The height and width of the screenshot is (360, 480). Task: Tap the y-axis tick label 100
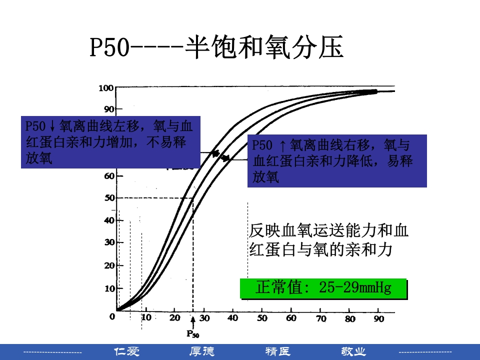tap(106, 88)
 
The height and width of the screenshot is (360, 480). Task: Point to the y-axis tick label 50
tap(109, 198)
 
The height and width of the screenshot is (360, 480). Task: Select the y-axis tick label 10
tap(109, 288)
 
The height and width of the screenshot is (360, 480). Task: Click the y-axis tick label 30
tap(109, 242)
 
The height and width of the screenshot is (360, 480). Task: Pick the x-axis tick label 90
tap(378, 318)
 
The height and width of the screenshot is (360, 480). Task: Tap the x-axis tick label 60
tap(290, 318)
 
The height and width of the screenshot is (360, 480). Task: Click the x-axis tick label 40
tap(232, 318)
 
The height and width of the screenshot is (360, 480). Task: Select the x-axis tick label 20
tap(174, 318)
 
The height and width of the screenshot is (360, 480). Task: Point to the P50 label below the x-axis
tap(192, 333)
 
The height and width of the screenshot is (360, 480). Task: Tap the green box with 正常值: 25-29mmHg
tap(323, 288)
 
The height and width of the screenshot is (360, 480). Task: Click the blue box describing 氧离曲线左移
tap(110, 142)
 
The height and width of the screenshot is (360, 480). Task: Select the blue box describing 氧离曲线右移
tap(337, 160)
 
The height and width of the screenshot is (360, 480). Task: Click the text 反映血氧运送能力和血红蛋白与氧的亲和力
tap(328, 240)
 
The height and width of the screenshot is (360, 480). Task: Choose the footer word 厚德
tap(201, 351)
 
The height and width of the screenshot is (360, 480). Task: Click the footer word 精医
tap(277, 351)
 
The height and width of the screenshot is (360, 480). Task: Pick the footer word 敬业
tap(353, 351)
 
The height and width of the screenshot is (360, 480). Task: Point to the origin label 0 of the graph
tap(112, 316)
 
